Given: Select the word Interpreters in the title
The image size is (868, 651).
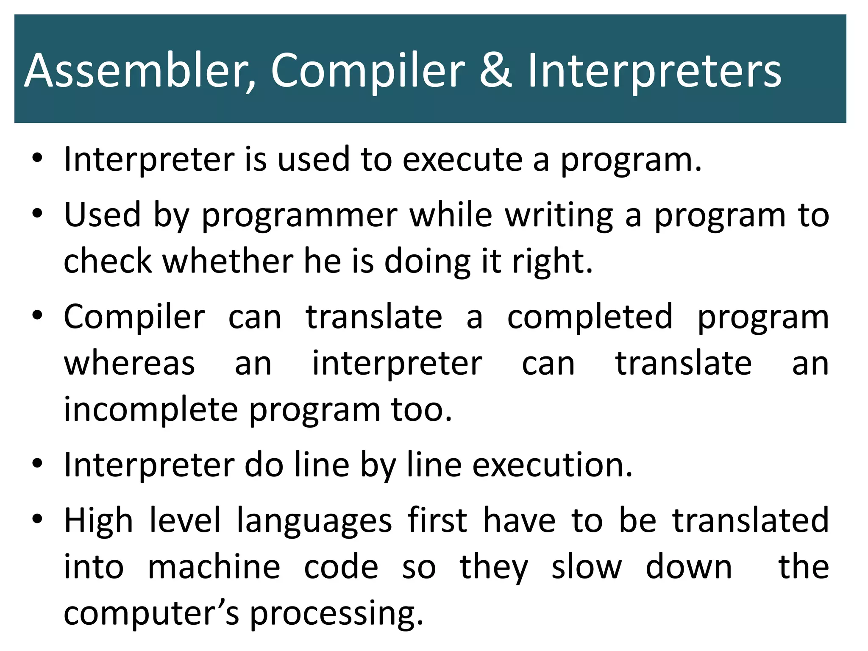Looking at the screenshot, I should click(x=654, y=71).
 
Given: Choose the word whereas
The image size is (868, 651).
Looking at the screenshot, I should click(x=129, y=364).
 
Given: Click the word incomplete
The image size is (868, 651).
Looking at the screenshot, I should click(x=151, y=410).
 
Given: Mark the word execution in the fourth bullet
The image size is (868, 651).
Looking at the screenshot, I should click(x=552, y=465).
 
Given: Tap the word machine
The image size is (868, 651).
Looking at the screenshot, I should click(x=214, y=567).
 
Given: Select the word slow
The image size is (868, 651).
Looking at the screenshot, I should click(x=586, y=567).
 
